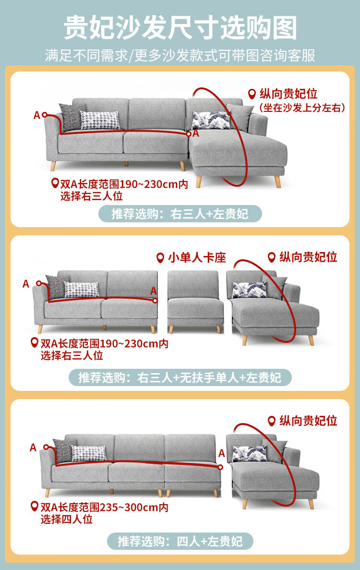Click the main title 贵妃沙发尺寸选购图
(180, 27)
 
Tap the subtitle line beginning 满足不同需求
(180, 56)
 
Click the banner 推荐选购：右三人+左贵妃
(180, 214)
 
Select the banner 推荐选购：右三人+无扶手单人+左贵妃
(180, 378)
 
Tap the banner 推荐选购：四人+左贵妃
(180, 542)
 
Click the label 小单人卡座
(197, 258)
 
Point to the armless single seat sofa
(195, 302)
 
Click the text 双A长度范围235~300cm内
(104, 507)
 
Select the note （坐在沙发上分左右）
(302, 108)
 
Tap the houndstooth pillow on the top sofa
(100, 120)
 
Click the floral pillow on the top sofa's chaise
(211, 120)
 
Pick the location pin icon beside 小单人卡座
(160, 258)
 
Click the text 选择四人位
(66, 519)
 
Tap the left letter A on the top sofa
(36, 115)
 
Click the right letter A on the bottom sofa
(222, 453)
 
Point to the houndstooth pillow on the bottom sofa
(89, 453)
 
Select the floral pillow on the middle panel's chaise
(249, 290)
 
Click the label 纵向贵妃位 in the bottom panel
(308, 421)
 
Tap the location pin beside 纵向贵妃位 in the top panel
(252, 94)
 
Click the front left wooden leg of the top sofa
(53, 166)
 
